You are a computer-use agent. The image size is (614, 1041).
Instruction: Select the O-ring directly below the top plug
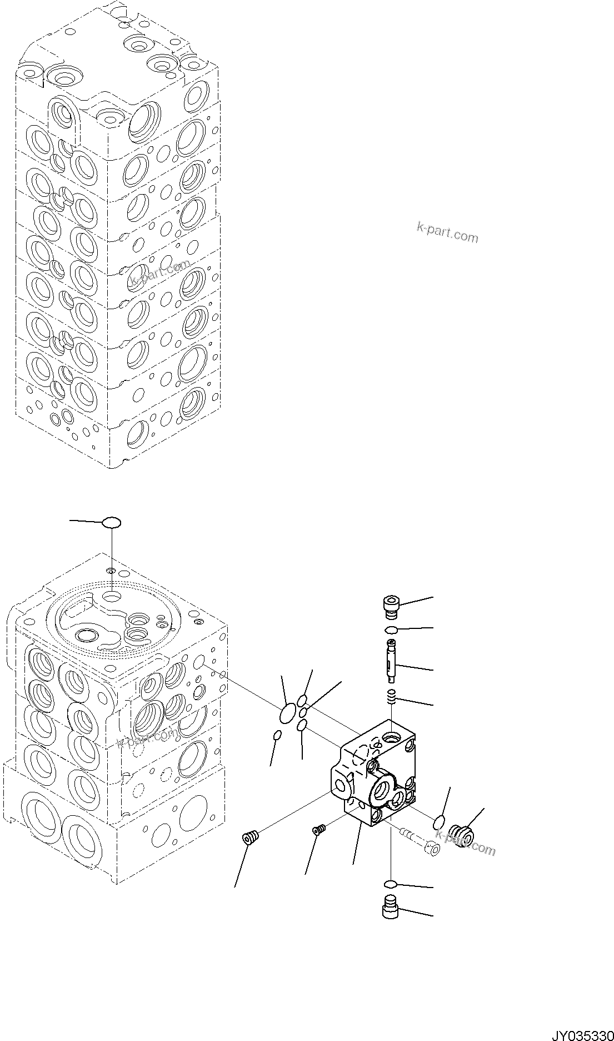(391, 629)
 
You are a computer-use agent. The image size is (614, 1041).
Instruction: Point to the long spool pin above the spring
(393, 660)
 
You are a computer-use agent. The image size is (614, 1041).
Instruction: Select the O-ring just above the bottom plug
(391, 884)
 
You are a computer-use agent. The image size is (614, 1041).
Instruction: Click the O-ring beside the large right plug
(439, 821)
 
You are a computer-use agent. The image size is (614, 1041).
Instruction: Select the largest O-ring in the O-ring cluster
(287, 715)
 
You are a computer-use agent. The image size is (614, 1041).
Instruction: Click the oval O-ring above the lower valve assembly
(112, 522)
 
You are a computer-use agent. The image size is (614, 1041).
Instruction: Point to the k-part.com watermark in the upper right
(447, 232)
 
